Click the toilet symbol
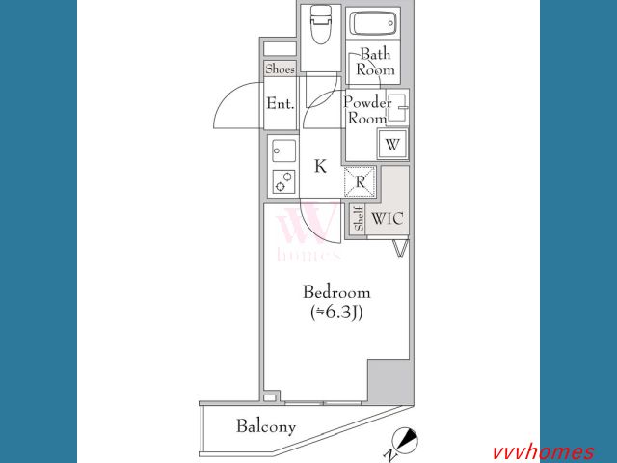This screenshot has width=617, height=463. click(320, 25)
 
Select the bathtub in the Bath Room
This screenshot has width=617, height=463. click(373, 23)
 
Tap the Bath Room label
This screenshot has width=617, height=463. click(375, 62)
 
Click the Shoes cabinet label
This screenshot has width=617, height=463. click(280, 69)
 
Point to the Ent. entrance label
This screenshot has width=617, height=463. click(281, 103)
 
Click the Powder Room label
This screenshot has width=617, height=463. click(367, 110)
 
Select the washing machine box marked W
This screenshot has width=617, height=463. click(392, 144)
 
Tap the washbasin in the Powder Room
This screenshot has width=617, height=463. click(397, 107)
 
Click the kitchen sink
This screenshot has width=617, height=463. click(283, 150)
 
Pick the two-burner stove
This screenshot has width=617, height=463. click(283, 181)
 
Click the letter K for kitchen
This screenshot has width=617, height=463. click(320, 166)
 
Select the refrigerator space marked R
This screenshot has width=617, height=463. click(360, 181)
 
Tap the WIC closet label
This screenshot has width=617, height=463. click(388, 219)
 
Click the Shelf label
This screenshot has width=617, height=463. click(359, 219)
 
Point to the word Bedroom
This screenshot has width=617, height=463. click(336, 292)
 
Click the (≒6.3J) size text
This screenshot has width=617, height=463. click(336, 313)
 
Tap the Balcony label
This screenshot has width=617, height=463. click(266, 426)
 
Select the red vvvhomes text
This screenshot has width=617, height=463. click(544, 452)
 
